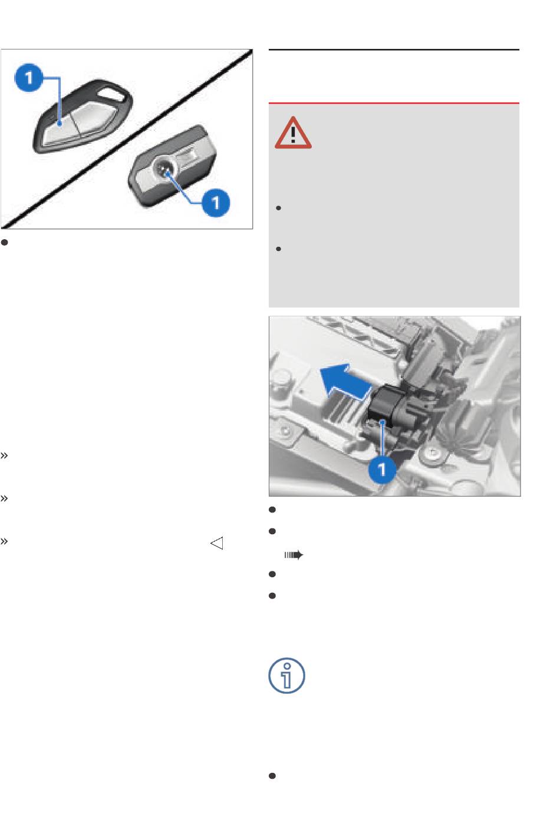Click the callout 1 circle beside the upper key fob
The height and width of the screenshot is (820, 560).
pyautogui.click(x=28, y=78)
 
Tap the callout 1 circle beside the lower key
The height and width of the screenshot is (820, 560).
pyautogui.click(x=216, y=203)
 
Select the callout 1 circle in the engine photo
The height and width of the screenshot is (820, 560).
pyautogui.click(x=382, y=469)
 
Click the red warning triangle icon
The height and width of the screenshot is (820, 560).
pyautogui.click(x=293, y=133)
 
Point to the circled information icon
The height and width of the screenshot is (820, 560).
pyautogui.click(x=286, y=676)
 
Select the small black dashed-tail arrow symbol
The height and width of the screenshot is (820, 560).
pyautogui.click(x=294, y=555)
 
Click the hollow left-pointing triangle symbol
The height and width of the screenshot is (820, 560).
pyautogui.click(x=217, y=543)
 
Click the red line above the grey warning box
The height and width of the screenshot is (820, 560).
pyautogui.click(x=394, y=103)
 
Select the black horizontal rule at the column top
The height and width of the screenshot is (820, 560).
pyautogui.click(x=394, y=49)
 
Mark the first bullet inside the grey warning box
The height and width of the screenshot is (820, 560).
pyautogui.click(x=278, y=208)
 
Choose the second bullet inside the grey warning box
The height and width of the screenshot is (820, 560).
pyautogui.click(x=278, y=249)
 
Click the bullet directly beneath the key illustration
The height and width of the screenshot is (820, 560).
pyautogui.click(x=4, y=242)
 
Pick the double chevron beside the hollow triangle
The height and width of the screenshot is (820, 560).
pyautogui.click(x=4, y=541)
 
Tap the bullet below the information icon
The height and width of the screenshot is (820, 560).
pyautogui.click(x=272, y=776)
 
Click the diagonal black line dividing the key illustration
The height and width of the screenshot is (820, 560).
pyautogui.click(x=127, y=139)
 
